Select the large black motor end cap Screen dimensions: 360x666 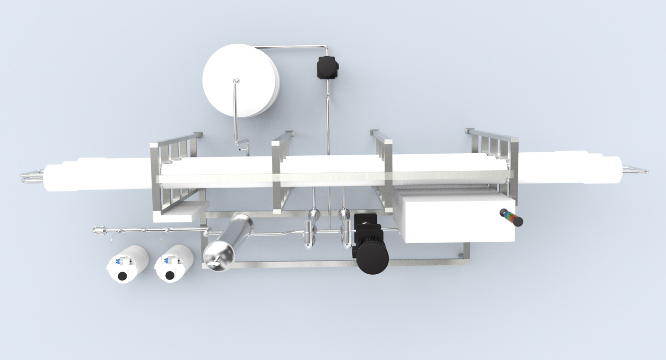[373, 261]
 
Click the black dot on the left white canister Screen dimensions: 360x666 [122, 276]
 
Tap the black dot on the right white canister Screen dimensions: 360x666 [170, 275]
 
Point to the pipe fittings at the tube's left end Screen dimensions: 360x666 [32, 175]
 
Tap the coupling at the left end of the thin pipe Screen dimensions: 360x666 [99, 230]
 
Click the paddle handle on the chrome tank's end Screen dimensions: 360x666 [215, 263]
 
